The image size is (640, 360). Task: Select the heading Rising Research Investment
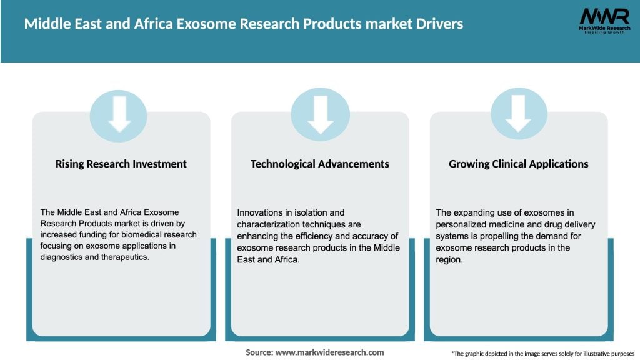121,164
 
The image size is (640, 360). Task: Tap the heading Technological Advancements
320,164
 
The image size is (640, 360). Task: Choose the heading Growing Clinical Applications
519,164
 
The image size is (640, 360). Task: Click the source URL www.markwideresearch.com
329,352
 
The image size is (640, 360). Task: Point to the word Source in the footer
259,352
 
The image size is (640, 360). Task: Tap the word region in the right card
448,258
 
